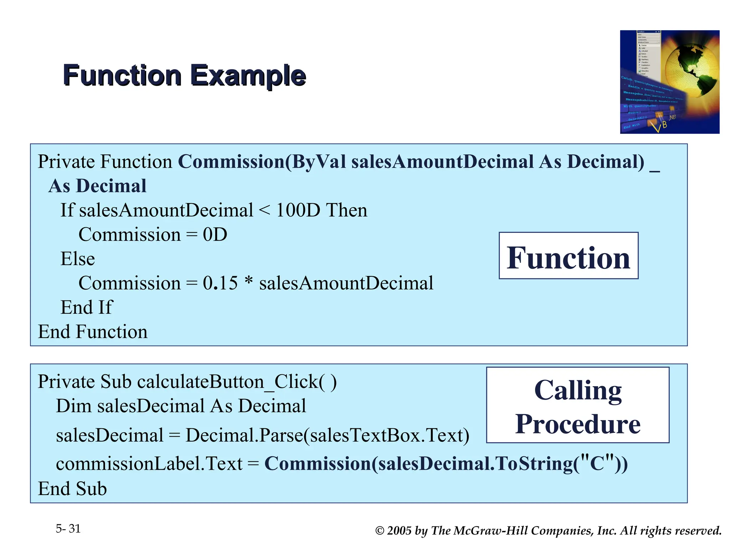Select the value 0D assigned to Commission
215,235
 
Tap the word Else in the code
78,259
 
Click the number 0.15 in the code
220,283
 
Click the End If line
86,307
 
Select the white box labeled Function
568,256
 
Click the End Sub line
72,488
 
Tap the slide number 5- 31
68,528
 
